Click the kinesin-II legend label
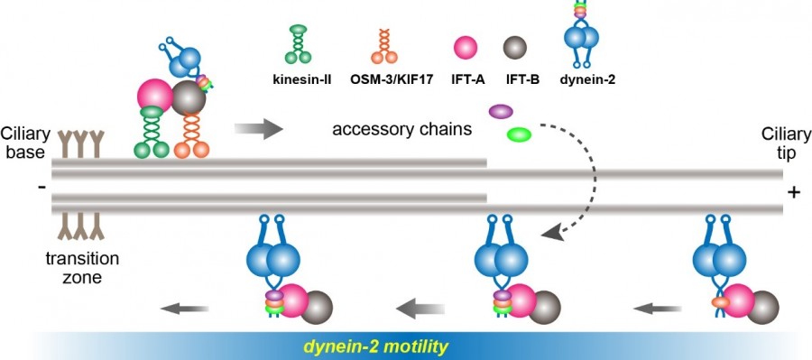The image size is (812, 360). tap(302, 79)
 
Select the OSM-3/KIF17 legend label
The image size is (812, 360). tap(391, 79)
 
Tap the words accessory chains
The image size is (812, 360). tap(401, 128)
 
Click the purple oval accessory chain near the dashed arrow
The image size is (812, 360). tap(501, 112)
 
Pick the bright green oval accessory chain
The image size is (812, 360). tap(519, 135)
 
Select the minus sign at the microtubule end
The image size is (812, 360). tap(42, 187)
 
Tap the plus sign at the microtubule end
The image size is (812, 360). tap(793, 192)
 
